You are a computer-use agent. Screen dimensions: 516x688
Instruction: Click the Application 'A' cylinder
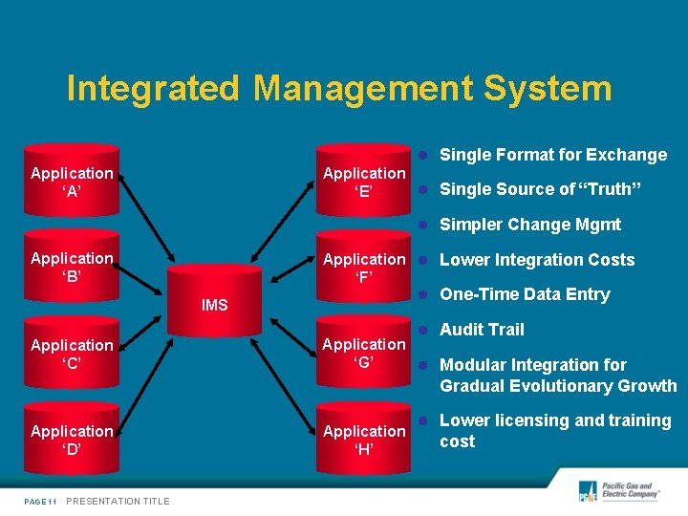(x=72, y=182)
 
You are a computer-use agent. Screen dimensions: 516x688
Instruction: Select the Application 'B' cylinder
(x=72, y=268)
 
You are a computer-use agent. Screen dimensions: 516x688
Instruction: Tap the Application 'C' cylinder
(x=72, y=354)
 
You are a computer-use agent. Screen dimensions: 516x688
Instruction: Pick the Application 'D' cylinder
(x=72, y=440)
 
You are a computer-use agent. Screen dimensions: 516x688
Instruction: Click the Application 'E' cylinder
(x=364, y=182)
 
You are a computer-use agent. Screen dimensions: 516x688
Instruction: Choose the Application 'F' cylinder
(x=364, y=268)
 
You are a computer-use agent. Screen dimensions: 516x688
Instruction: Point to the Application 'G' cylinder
(x=364, y=353)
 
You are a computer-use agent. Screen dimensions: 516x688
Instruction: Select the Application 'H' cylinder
(x=364, y=440)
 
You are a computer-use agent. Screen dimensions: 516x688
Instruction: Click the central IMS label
(x=215, y=305)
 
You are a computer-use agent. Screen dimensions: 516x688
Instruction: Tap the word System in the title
(x=548, y=89)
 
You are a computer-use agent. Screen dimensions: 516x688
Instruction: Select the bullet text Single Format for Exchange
(x=553, y=155)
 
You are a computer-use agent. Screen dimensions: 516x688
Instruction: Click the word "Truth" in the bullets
(x=610, y=189)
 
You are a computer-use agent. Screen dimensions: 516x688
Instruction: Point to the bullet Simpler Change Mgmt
(x=530, y=225)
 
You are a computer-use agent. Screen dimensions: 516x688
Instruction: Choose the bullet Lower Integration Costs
(x=537, y=260)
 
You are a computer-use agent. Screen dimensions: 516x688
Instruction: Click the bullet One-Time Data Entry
(x=525, y=294)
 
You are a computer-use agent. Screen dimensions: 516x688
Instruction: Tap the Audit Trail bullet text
(x=482, y=330)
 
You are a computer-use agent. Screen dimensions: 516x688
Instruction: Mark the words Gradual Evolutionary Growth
(x=558, y=386)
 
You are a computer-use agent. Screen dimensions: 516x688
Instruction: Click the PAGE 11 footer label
(x=41, y=501)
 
